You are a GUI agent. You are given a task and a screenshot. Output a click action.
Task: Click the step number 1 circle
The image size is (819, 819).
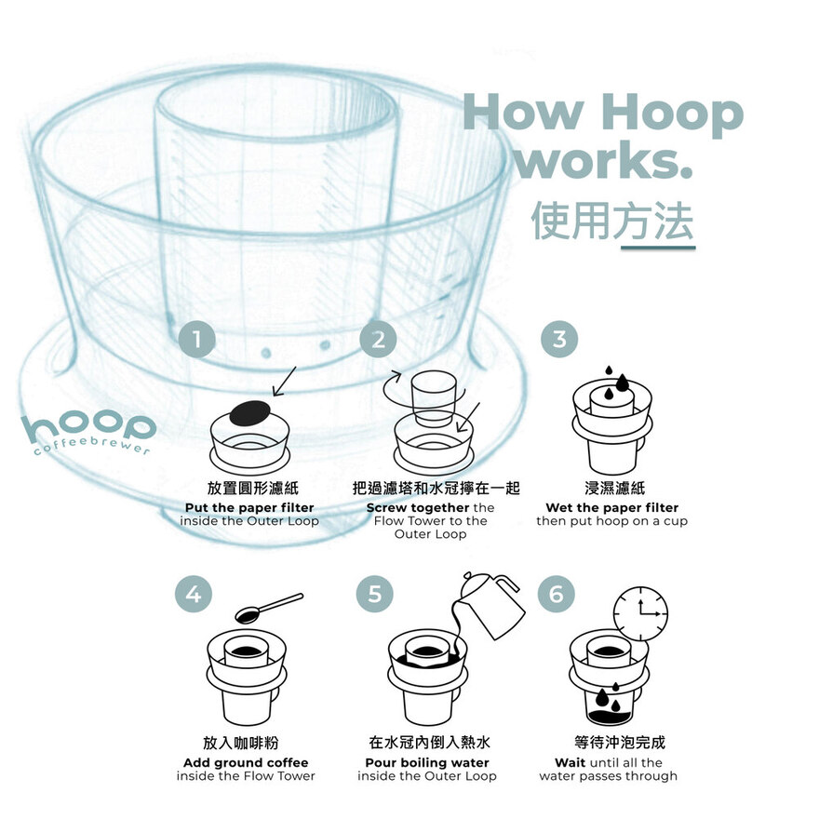[x=197, y=340]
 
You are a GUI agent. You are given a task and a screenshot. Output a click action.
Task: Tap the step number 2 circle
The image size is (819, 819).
[x=378, y=340]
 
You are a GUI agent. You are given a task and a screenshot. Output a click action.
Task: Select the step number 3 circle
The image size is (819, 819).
[x=559, y=340]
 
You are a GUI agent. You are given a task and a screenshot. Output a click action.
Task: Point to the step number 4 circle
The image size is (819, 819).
[x=194, y=595]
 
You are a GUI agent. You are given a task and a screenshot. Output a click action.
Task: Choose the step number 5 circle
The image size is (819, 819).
[x=374, y=595]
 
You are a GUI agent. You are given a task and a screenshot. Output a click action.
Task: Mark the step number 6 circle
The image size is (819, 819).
[x=557, y=595]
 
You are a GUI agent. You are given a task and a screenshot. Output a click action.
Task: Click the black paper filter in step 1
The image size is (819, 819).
[x=249, y=413]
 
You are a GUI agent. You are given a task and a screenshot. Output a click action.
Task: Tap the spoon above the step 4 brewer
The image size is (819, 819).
[x=268, y=608]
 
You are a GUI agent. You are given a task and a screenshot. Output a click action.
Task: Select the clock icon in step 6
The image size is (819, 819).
[x=640, y=613]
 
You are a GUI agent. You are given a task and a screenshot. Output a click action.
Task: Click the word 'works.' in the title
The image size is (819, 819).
[x=604, y=160]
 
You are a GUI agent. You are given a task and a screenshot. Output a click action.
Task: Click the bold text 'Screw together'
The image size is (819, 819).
[x=418, y=508]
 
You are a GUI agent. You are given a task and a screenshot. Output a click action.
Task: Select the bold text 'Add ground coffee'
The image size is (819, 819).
[x=246, y=762]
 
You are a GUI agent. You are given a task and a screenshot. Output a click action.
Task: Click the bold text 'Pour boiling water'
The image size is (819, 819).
[x=427, y=762]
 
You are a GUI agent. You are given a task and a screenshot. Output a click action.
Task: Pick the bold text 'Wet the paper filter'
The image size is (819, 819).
[x=612, y=508]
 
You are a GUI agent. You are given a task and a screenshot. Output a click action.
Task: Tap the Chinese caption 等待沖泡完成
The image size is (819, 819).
[x=620, y=743]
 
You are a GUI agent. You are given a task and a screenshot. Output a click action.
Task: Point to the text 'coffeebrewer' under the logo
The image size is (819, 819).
[x=92, y=446]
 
